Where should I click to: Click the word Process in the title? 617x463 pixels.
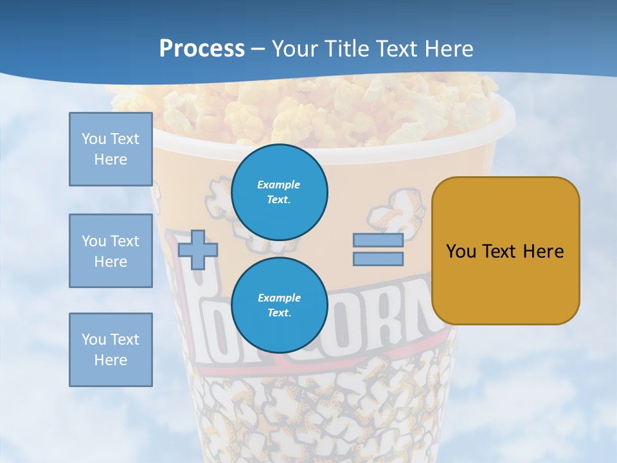click(202, 49)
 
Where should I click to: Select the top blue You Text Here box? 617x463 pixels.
click(111, 149)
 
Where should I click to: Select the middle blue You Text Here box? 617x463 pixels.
click(111, 251)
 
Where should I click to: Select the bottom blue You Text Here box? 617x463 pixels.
click(111, 350)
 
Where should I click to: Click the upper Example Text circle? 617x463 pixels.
click(279, 192)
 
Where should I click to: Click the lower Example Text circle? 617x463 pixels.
click(279, 305)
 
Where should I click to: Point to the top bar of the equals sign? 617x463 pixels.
click(378, 241)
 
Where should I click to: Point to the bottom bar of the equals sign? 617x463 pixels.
click(378, 259)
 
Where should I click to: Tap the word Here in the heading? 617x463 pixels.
click(449, 49)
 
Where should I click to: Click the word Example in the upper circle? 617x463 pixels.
click(278, 185)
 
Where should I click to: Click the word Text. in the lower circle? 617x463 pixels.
click(279, 313)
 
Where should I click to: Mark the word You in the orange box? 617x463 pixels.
click(460, 251)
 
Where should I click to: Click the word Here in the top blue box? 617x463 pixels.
click(111, 159)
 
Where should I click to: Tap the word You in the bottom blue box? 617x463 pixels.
click(94, 340)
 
